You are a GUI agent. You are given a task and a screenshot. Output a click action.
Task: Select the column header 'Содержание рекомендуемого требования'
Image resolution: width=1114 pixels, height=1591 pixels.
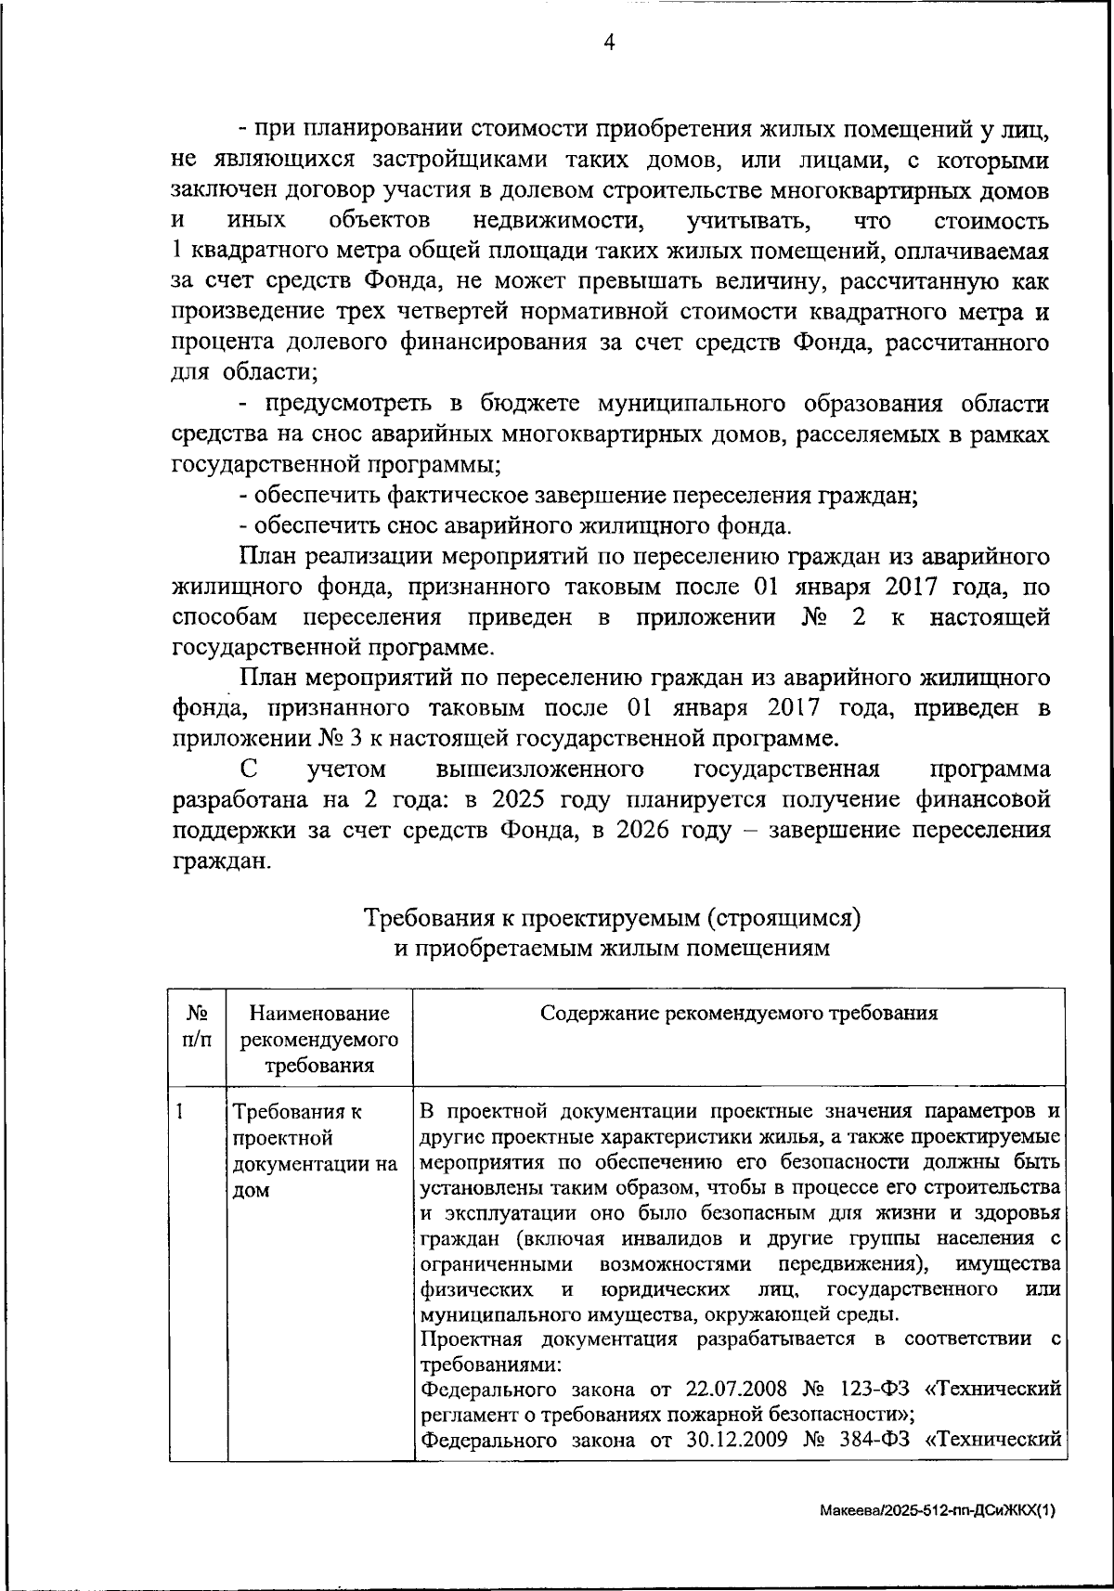pos(738,1013)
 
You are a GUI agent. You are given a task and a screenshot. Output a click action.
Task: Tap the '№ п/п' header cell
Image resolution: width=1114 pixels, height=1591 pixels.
pos(197,1026)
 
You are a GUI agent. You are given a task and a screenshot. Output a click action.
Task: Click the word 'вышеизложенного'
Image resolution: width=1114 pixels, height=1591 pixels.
pos(539,770)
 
